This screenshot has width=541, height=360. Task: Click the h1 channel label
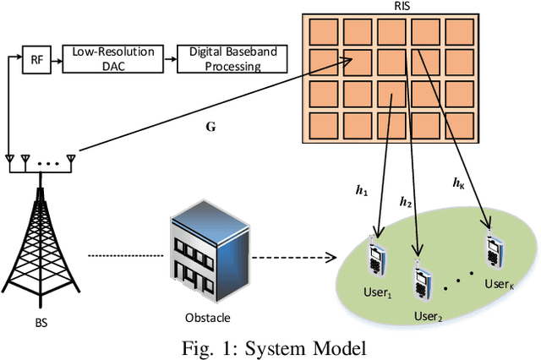click(361, 193)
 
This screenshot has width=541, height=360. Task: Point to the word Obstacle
click(207, 319)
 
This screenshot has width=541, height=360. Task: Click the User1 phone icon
click(377, 257)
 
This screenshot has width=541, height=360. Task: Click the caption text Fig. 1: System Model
click(270, 346)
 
